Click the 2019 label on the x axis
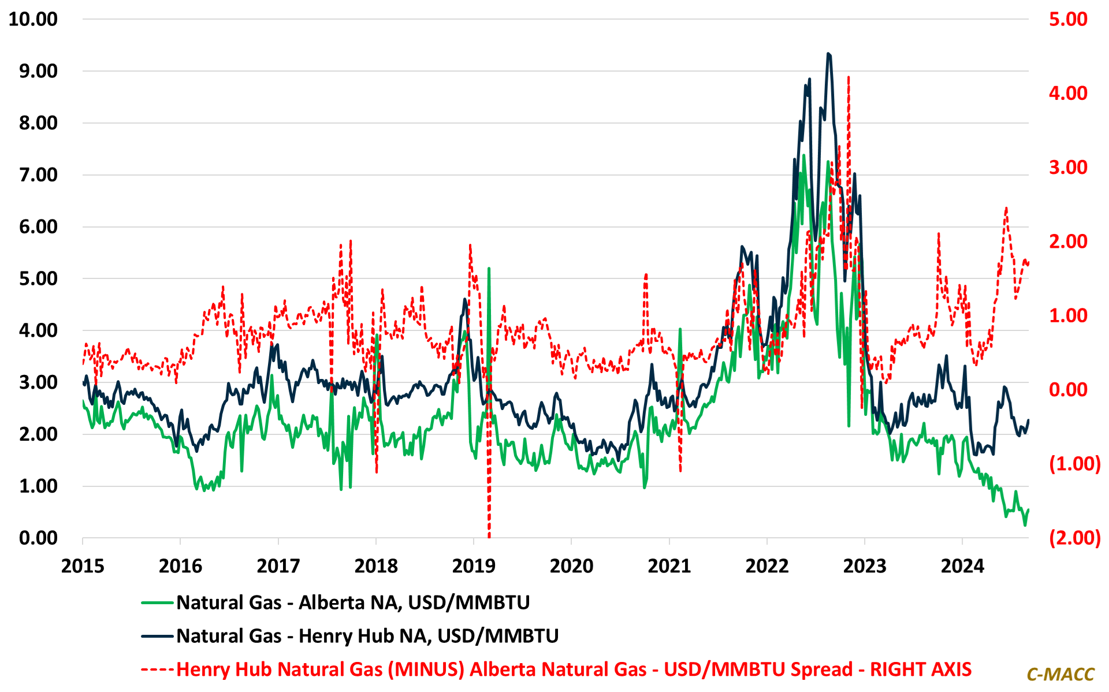pyautogui.click(x=474, y=566)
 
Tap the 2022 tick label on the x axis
pyautogui.click(x=766, y=566)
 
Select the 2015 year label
pyautogui.click(x=83, y=566)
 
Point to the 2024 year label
pyautogui.click(x=962, y=566)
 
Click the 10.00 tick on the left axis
pyautogui.click(x=33, y=19)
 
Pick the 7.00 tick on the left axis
pyautogui.click(x=38, y=174)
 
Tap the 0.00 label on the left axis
pyautogui.click(x=38, y=538)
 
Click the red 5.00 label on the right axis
pyautogui.click(x=1068, y=19)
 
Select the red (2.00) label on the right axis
pyautogui.click(x=1074, y=538)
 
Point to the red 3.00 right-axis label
pyautogui.click(x=1068, y=168)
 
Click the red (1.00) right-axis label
pyautogui.click(x=1074, y=464)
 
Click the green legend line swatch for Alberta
pyautogui.click(x=157, y=603)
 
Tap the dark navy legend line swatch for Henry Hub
pyautogui.click(x=157, y=636)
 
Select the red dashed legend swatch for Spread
pyautogui.click(x=157, y=669)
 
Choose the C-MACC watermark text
pyautogui.click(x=1060, y=674)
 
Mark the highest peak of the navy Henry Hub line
pyautogui.click(x=828, y=54)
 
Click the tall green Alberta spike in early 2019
pyautogui.click(x=489, y=269)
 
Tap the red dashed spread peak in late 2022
pyautogui.click(x=848, y=77)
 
